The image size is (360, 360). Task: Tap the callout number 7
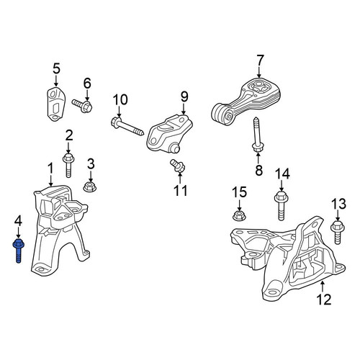click(260, 61)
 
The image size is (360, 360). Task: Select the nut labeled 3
click(90, 186)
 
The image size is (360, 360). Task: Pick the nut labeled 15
click(239, 215)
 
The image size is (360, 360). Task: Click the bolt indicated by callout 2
click(68, 166)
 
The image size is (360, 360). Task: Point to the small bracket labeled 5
click(56, 104)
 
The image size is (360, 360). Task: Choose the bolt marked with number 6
click(82, 106)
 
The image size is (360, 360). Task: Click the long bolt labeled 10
click(127, 126)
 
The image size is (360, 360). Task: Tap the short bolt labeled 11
click(178, 166)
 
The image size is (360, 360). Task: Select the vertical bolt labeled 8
click(257, 135)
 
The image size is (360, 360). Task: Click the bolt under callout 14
click(282, 206)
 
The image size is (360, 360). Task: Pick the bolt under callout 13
click(338, 233)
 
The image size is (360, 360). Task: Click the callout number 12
click(324, 299)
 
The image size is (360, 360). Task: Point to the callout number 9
click(184, 96)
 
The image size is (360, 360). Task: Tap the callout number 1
click(50, 168)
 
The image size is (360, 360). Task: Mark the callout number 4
click(18, 221)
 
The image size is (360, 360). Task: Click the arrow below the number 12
click(323, 286)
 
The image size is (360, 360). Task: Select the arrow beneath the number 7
click(258, 73)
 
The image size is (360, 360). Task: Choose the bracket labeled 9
click(168, 134)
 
